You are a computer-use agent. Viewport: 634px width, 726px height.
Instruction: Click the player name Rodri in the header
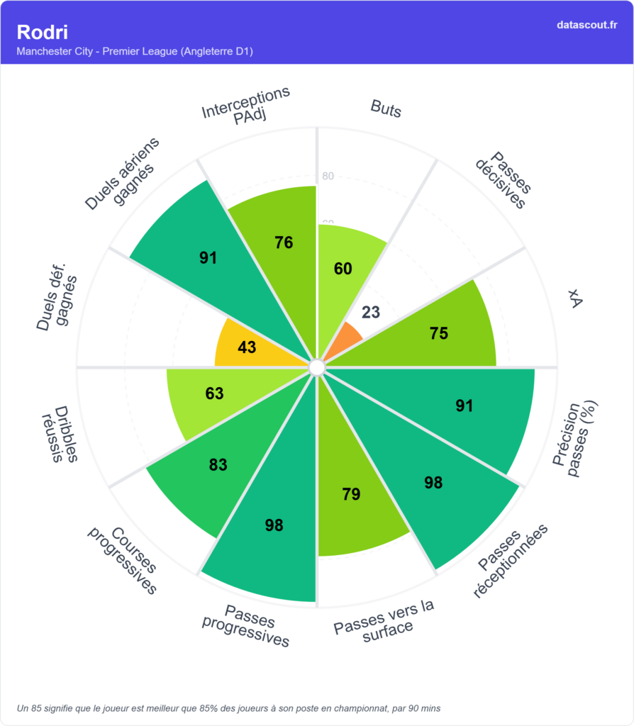click(x=43, y=32)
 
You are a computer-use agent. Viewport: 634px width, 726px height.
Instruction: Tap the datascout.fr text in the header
click(x=587, y=25)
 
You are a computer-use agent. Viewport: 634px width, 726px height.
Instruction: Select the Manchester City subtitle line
click(x=135, y=51)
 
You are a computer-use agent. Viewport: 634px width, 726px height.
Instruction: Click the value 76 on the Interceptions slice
click(x=284, y=242)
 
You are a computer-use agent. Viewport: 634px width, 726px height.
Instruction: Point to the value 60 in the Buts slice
click(x=343, y=268)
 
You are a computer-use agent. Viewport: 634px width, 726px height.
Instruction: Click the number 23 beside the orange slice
click(x=371, y=312)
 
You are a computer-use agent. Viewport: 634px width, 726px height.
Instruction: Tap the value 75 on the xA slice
click(x=439, y=333)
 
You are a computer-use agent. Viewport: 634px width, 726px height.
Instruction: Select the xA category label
click(x=575, y=302)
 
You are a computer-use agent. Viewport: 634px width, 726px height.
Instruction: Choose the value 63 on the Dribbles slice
click(x=214, y=393)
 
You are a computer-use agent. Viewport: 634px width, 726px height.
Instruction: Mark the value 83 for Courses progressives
click(x=218, y=465)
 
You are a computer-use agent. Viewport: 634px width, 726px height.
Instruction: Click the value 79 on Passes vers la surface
click(x=351, y=494)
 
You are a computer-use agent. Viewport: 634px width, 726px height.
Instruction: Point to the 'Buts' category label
click(x=386, y=109)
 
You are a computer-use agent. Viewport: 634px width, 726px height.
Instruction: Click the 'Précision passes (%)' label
click(x=576, y=440)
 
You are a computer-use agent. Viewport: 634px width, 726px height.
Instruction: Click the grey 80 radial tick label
click(x=328, y=177)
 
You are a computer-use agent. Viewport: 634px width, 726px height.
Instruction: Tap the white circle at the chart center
click(x=317, y=367)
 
